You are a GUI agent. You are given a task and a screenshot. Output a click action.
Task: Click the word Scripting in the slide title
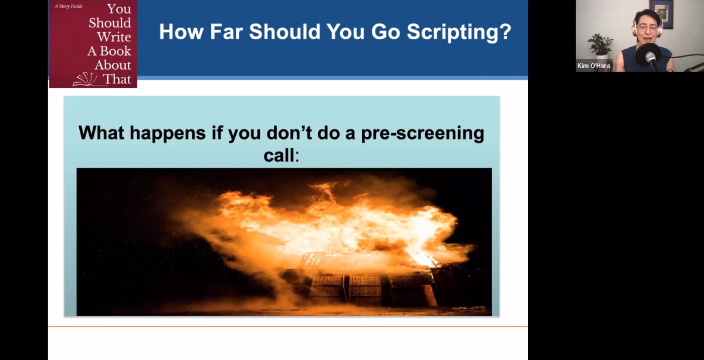(x=457, y=32)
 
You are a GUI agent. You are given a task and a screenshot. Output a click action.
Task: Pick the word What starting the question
(x=101, y=133)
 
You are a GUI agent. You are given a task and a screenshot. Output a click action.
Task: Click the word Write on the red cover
(x=114, y=36)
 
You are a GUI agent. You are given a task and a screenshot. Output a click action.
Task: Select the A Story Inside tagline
(x=70, y=6)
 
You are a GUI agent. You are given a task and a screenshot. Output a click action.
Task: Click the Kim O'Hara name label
(x=594, y=66)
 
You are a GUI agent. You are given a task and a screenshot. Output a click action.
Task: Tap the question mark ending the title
(x=505, y=32)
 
